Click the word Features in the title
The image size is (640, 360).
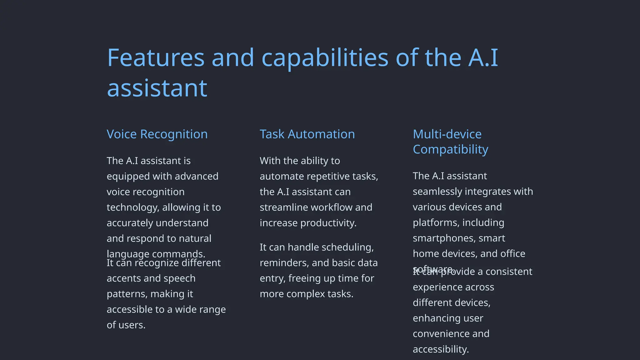[x=156, y=58]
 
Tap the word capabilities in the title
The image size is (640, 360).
[x=325, y=58]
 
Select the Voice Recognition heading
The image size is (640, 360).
[x=157, y=134]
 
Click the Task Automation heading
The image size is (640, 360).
[x=307, y=134]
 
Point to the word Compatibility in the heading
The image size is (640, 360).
[x=450, y=149]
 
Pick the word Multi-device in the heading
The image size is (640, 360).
[x=447, y=134]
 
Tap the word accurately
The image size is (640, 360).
[x=130, y=223]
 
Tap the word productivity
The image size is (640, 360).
[x=328, y=223]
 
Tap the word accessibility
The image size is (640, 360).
[x=441, y=349]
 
